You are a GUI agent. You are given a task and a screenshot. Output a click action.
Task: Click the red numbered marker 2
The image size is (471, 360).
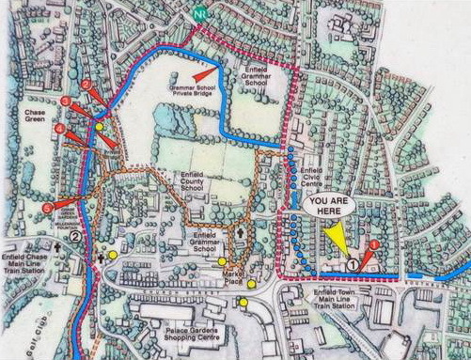click(x=86, y=85)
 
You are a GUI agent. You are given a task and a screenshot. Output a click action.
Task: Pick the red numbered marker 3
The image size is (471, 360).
click(x=65, y=101)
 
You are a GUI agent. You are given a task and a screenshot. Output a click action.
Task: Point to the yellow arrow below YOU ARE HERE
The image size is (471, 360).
click(x=335, y=243)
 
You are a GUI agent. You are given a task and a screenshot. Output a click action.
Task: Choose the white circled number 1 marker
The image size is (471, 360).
click(x=353, y=265)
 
